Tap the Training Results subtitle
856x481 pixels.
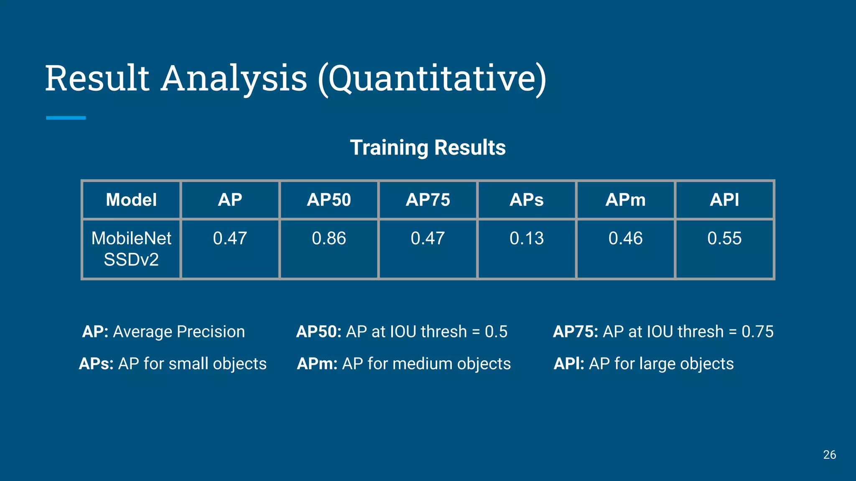[x=428, y=147]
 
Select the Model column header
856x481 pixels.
[x=131, y=200]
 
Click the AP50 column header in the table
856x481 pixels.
[x=329, y=200]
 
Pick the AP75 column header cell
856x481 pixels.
[x=428, y=200]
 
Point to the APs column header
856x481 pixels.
[x=527, y=200]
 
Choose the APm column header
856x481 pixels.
[x=625, y=200]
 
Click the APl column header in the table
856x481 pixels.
[x=724, y=200]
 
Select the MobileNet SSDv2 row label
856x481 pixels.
[x=131, y=249]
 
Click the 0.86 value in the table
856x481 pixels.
[x=329, y=238]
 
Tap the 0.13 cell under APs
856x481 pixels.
[x=527, y=238]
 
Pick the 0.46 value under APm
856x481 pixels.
[x=625, y=238]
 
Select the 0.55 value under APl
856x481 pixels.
[x=724, y=238]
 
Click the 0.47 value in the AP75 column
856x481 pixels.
[x=428, y=238]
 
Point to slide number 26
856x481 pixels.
[x=829, y=455]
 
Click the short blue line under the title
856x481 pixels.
[x=66, y=118]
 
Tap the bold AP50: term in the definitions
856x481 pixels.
[x=318, y=332]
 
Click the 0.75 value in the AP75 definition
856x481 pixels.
[x=757, y=332]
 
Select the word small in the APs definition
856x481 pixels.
[x=188, y=364]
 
